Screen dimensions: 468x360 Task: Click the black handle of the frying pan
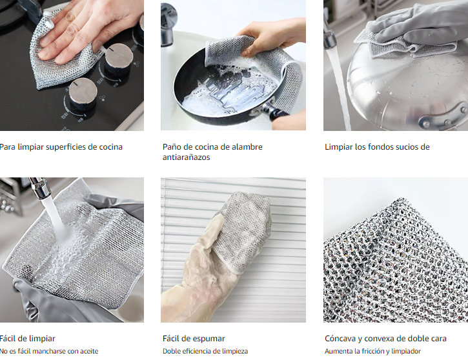278,114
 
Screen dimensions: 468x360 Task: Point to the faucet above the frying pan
168,24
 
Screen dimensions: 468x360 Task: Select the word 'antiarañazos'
187,157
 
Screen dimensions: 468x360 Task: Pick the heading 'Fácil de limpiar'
28,339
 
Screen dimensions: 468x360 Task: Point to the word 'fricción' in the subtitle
374,351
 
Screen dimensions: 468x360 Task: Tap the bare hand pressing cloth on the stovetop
90,28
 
